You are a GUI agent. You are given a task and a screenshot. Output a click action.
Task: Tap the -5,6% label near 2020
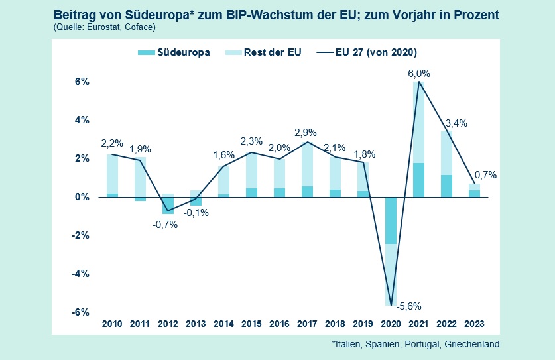coord(408,306)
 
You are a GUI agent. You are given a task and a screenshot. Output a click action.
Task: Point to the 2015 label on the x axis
coord(251,324)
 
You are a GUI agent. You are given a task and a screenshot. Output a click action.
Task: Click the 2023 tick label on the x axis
coord(474,324)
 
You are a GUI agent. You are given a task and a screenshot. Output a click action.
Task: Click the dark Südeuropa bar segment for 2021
coord(419,180)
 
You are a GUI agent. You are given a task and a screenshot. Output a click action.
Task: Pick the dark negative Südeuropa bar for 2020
coord(391,220)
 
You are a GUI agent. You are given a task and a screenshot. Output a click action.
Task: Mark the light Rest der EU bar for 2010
coord(112,174)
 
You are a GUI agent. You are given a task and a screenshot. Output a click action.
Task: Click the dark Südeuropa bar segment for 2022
coord(447,186)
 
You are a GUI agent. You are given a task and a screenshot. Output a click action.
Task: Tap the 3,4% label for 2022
coord(458,123)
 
